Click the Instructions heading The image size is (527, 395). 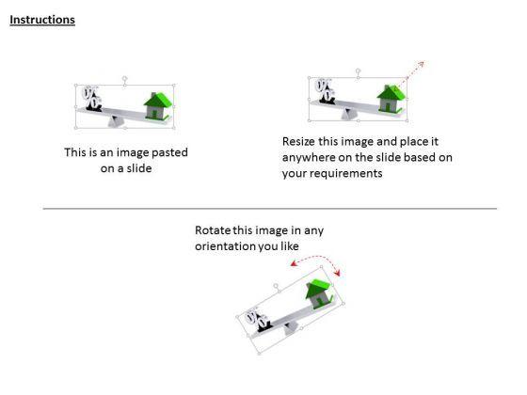(42, 20)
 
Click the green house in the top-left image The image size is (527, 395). (158, 105)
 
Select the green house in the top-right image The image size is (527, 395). (390, 97)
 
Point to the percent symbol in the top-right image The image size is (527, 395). (325, 90)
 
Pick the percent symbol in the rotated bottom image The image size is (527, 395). (255, 321)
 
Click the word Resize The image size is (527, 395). (299, 141)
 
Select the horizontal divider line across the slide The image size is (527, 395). (269, 209)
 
